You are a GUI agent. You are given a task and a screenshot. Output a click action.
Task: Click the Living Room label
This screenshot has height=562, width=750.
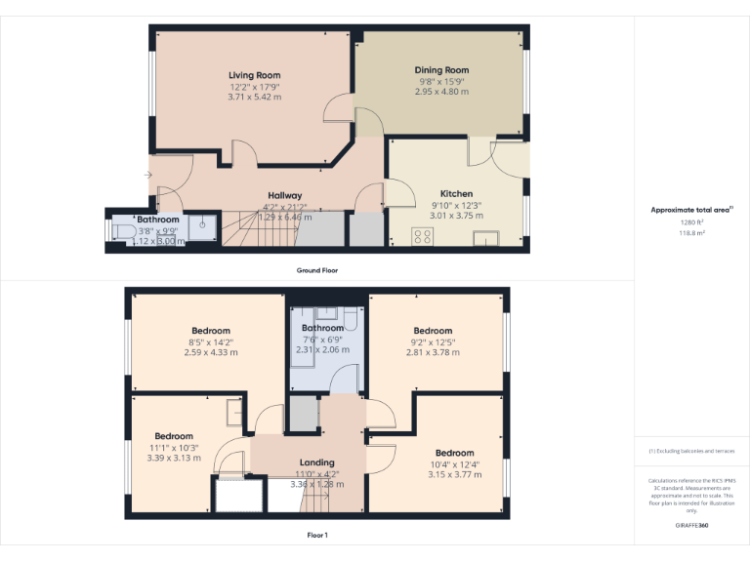click(x=254, y=75)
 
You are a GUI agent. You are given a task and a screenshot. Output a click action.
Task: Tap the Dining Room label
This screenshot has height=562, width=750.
click(x=441, y=70)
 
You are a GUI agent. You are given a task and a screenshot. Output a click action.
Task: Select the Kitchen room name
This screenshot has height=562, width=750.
click(x=456, y=194)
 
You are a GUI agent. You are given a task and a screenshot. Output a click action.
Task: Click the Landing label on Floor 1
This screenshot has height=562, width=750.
click(x=316, y=462)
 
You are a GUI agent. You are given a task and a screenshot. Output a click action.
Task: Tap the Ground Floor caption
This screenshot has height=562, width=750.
click(x=317, y=270)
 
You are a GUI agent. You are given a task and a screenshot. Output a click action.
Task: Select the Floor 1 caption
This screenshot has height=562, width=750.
click(x=317, y=536)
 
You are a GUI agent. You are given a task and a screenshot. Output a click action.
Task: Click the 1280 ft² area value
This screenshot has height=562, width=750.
click(x=691, y=221)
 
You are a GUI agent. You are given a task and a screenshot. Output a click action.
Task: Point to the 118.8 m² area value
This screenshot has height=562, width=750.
click(x=691, y=233)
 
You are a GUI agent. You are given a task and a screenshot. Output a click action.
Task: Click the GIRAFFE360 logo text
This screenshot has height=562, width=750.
click(x=691, y=526)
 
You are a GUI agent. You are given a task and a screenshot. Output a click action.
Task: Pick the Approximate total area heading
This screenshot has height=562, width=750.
click(x=690, y=210)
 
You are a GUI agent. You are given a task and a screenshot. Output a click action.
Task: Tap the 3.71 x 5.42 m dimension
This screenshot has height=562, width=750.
click(x=254, y=98)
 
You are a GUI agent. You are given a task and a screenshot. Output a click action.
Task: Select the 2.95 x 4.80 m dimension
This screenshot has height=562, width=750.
click(x=441, y=92)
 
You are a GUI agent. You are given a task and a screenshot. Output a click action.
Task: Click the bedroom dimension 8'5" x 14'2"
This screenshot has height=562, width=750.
click(x=211, y=341)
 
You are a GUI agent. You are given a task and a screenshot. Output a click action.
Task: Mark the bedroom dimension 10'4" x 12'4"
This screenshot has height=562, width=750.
click(x=454, y=464)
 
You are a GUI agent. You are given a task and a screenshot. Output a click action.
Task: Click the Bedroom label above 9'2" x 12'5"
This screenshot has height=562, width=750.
click(x=433, y=331)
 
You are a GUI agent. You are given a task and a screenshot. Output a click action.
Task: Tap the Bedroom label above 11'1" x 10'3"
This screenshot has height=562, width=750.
click(x=174, y=436)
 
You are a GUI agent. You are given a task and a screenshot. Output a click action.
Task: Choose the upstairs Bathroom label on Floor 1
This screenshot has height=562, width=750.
click(x=322, y=328)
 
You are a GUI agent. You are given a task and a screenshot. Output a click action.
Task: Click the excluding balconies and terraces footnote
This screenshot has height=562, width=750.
click(x=691, y=451)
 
